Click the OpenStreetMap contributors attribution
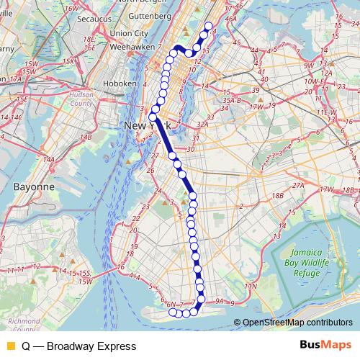click(x=297, y=323)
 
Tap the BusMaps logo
click(x=326, y=345)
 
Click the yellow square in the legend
click(x=10, y=345)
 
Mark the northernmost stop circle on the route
click(x=209, y=27)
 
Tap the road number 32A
click(x=202, y=124)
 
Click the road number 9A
click(x=220, y=302)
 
